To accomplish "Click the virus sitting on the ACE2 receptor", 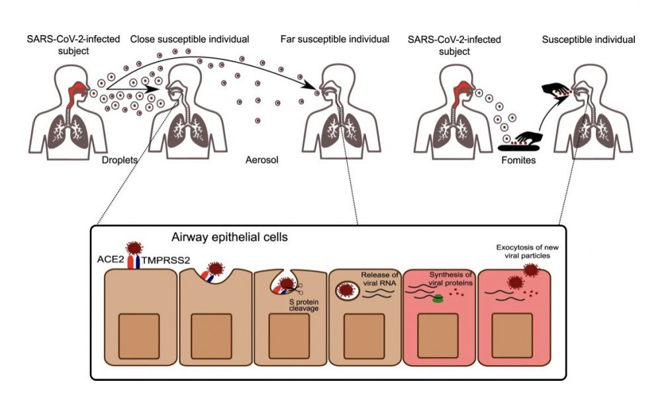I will [x=136, y=248].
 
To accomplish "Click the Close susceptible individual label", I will [x=189, y=40].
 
